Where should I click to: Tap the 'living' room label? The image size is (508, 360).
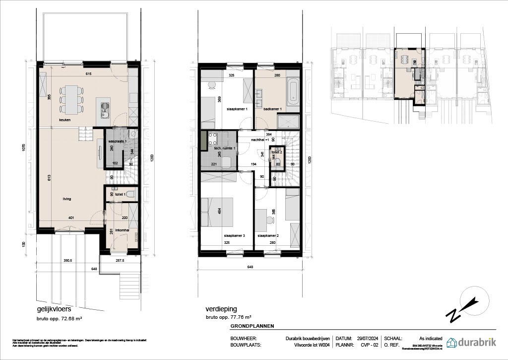pyautogui.click(x=66, y=199)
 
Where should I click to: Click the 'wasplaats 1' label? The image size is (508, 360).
pyautogui.click(x=118, y=142)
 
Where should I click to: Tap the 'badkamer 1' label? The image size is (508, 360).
pyautogui.click(x=273, y=109)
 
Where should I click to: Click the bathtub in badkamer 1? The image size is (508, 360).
pyautogui.click(x=293, y=93)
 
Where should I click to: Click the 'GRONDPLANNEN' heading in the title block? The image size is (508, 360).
pyautogui.click(x=252, y=326)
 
